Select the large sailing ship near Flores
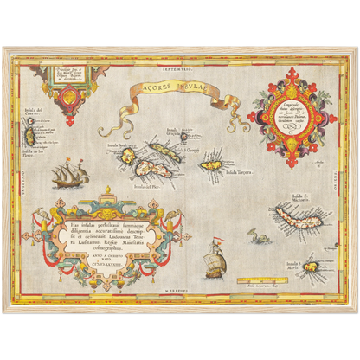coord(72,176)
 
